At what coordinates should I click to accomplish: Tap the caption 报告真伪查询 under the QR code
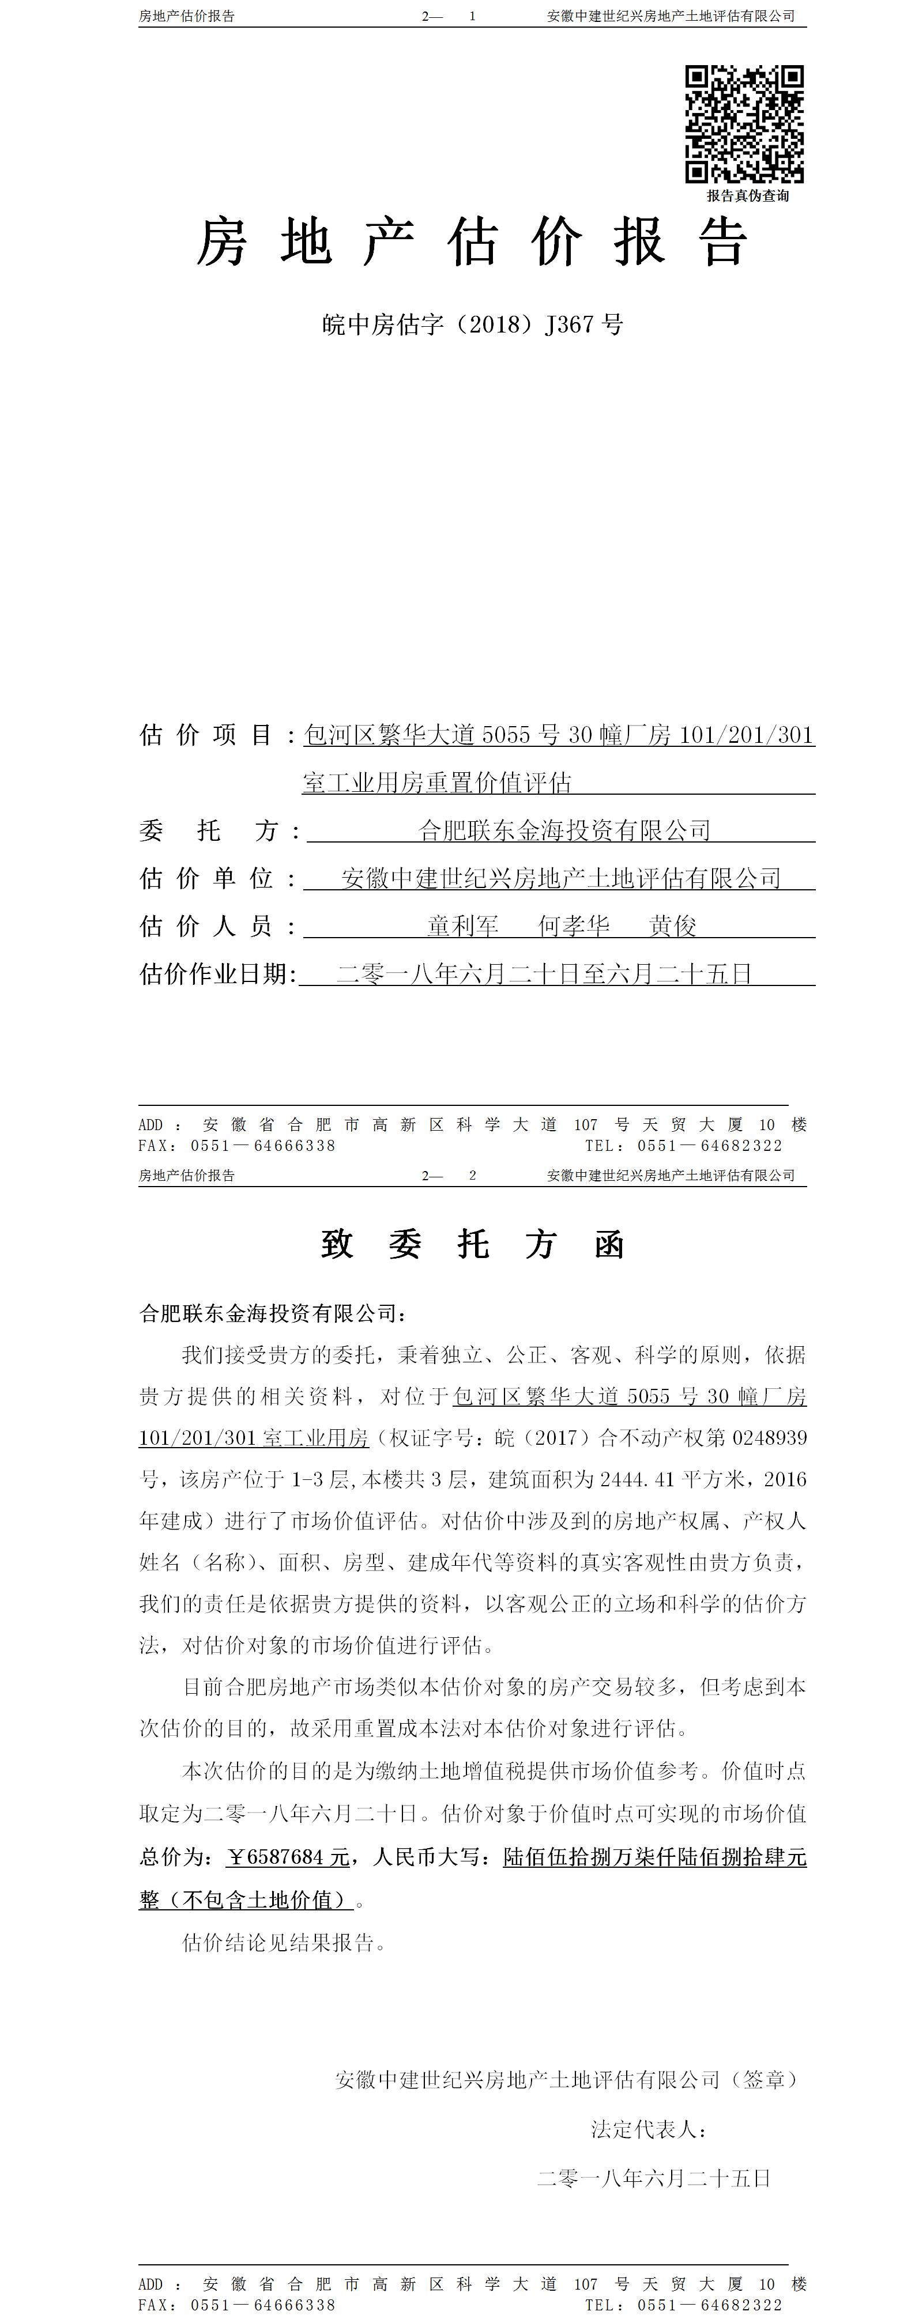747,195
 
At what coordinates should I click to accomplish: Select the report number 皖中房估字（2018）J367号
472,324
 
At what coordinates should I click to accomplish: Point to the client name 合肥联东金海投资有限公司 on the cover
564,830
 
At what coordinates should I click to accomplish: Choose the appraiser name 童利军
463,926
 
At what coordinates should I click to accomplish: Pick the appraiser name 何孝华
574,926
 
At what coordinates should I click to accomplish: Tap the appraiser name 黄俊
673,926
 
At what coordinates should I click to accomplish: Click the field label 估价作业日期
217,974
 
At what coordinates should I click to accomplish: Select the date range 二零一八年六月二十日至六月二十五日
544,974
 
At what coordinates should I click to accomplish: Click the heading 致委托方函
472,1245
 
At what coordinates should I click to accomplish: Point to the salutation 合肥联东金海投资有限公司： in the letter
273,1313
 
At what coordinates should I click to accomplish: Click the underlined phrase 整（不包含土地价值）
246,1899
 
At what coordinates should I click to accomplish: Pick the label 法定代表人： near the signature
649,2129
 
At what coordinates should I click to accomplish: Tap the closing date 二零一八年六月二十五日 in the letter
654,2178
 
